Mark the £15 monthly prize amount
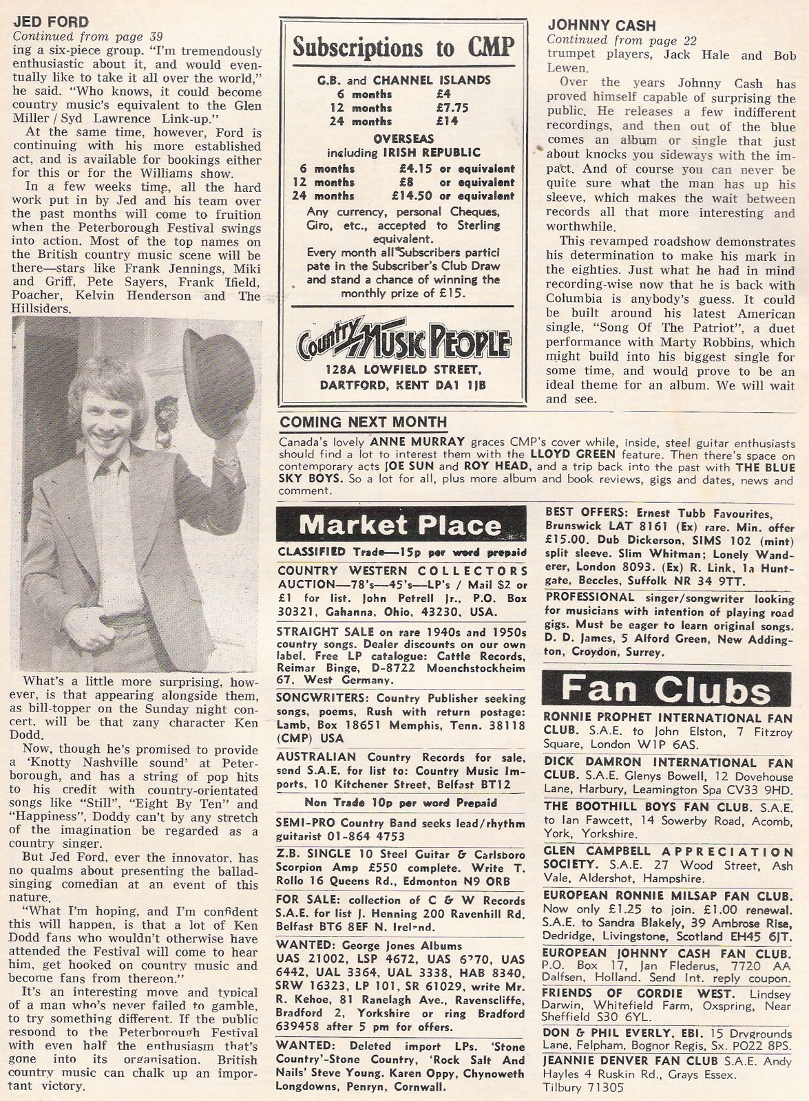[x=452, y=293]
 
